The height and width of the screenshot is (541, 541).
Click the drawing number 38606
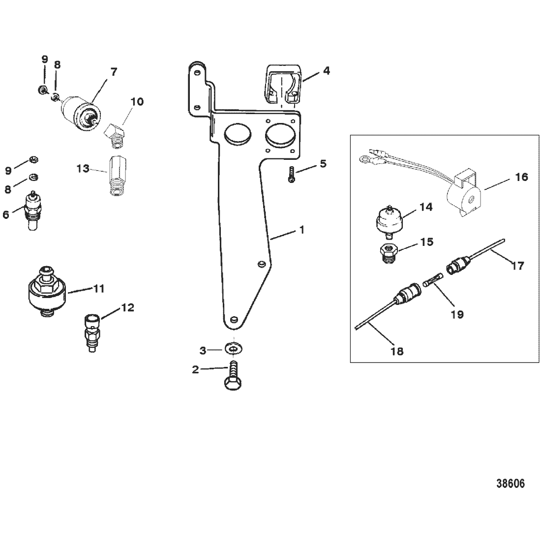[x=509, y=483]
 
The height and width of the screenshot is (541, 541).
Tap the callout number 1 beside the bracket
[x=302, y=230]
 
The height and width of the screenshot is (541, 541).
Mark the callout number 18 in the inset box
[x=397, y=351]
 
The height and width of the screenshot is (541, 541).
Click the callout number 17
[x=518, y=266]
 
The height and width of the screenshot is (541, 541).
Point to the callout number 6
[x=6, y=214]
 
